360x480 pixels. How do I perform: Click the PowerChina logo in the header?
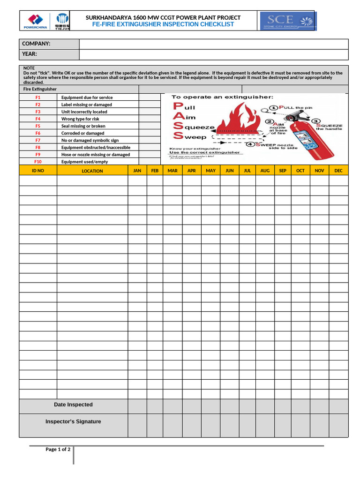point(36,21)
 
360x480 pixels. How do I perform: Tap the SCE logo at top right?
point(288,21)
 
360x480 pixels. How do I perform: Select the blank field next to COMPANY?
point(214,44)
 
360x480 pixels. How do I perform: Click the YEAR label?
point(30,54)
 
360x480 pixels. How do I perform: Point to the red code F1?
point(38,97)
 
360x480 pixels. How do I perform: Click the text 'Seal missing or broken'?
point(83,126)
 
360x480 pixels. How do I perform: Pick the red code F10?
point(38,162)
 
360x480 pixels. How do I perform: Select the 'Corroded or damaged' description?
point(83,133)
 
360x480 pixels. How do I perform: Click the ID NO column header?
point(38,171)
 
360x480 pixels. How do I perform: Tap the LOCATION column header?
point(92,171)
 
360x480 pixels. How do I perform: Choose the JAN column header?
point(137,171)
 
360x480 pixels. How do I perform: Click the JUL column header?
point(247,171)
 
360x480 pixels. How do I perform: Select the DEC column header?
point(338,171)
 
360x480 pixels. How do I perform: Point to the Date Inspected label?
point(73,405)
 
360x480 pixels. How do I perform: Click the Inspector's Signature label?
point(73,421)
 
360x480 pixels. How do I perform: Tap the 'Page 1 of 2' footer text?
point(58,450)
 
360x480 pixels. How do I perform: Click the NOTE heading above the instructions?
point(29,68)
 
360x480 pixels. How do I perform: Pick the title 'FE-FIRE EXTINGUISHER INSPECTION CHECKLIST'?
point(163,24)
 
